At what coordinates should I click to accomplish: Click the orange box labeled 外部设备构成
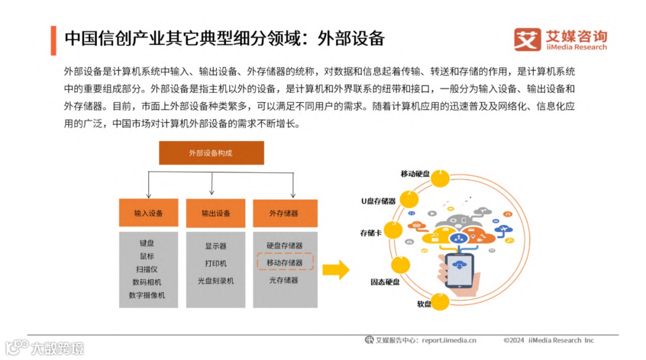pos(211,153)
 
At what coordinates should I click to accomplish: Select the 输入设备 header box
pos(148,213)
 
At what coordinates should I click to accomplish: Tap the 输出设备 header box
pos(216,213)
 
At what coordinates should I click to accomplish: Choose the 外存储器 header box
pos(284,213)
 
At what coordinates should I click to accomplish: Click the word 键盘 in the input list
pos(147,243)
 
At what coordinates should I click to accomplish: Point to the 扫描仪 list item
pos(147,269)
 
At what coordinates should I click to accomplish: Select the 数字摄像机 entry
pos(147,295)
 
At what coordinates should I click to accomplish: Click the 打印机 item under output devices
pos(215,263)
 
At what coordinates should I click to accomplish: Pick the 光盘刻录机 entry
pos(215,280)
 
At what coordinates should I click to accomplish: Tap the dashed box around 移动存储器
pos(285,263)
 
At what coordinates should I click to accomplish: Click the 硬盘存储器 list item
pos(285,246)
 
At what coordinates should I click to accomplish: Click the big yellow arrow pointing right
pos(335,270)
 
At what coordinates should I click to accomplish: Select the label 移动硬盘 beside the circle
pos(415,173)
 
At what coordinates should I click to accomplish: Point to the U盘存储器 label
pos(378,202)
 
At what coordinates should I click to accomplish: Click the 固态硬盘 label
pos(385,280)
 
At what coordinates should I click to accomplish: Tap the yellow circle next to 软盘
pos(440,301)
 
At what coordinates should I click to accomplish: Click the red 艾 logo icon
pos(527,39)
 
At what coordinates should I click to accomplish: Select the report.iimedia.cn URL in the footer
pos(449,340)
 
